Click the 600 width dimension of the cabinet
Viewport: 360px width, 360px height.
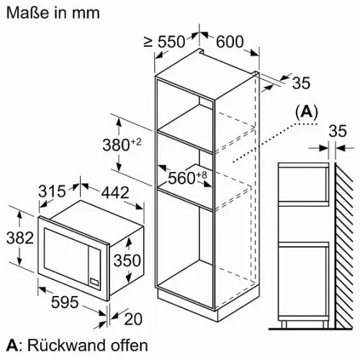coord(230,42)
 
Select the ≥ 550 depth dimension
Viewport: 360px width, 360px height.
coord(164,42)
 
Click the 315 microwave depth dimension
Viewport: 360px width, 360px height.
coord(52,191)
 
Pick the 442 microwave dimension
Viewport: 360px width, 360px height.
coord(115,192)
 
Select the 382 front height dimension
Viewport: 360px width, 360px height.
coord(20,238)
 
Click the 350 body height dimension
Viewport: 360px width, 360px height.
coord(127,261)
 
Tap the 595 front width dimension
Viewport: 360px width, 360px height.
coord(65,302)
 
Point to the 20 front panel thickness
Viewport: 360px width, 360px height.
coord(133,319)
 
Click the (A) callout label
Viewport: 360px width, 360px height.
coord(307,112)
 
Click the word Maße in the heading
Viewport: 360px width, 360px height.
coord(27,12)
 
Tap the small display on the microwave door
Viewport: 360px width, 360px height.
coord(94,282)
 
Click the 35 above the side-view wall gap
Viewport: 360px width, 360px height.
coord(338,131)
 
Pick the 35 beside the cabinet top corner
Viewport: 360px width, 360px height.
coord(301,83)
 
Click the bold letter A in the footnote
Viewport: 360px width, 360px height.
coord(12,346)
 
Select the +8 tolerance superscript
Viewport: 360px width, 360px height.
coord(202,175)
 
